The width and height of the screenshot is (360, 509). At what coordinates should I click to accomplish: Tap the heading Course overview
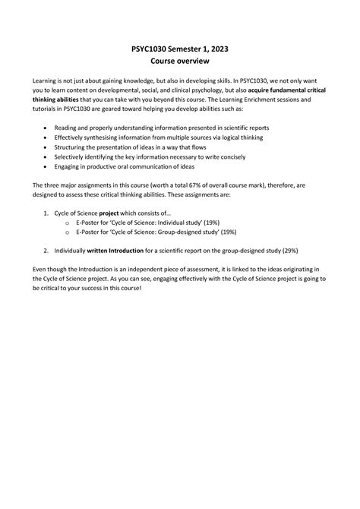click(179, 61)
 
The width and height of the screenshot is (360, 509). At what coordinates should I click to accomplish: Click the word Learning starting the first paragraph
click(45, 78)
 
